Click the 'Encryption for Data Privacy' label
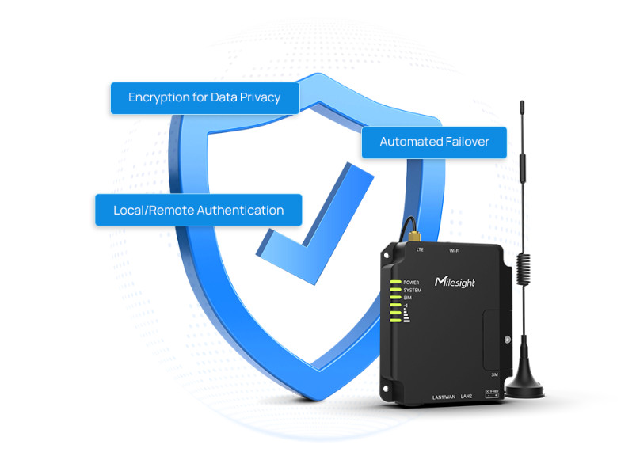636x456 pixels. pyautogui.click(x=205, y=97)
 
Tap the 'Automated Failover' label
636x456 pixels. pyautogui.click(x=433, y=142)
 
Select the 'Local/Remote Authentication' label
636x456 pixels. pyautogui.click(x=198, y=210)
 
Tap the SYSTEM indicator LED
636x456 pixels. pyautogui.click(x=394, y=291)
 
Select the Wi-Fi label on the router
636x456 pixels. pyautogui.click(x=455, y=250)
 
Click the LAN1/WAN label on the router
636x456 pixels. pyautogui.click(x=444, y=395)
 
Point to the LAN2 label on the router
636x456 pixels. pyautogui.click(x=467, y=395)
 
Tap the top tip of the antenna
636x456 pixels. pyautogui.click(x=522, y=103)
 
